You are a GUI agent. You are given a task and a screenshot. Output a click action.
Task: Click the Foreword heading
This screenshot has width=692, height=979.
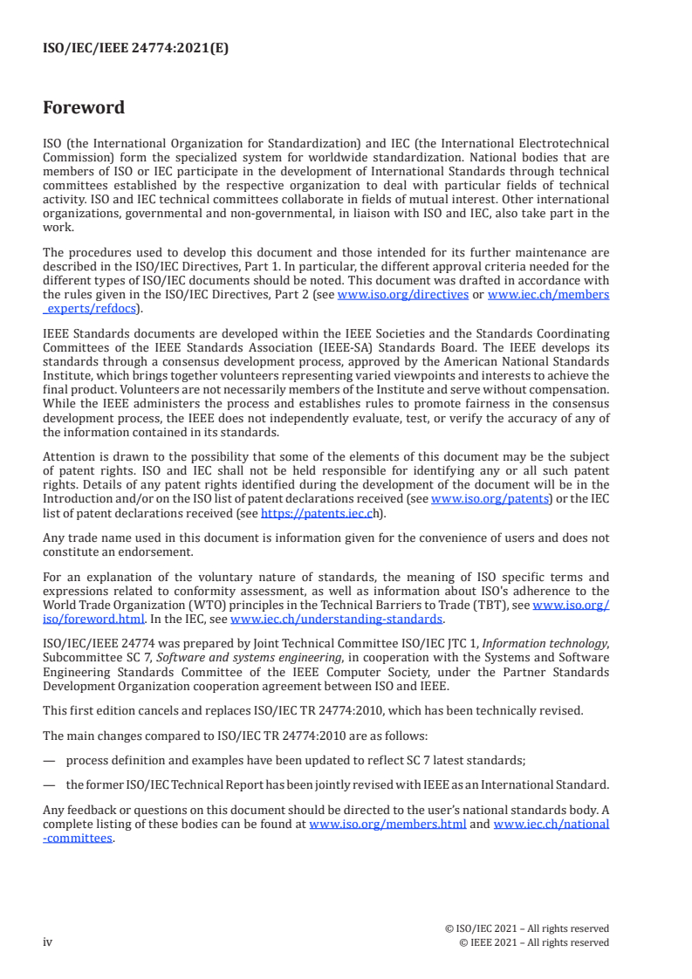click(84, 108)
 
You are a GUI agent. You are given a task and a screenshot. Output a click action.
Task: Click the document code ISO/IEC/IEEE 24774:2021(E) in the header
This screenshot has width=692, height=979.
click(135, 49)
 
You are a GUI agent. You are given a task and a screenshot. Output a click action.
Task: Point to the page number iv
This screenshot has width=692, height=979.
click(48, 942)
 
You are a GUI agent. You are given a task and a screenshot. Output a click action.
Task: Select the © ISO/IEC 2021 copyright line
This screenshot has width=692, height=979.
click(526, 928)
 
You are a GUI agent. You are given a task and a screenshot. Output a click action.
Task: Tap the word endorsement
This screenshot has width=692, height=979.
click(152, 553)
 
